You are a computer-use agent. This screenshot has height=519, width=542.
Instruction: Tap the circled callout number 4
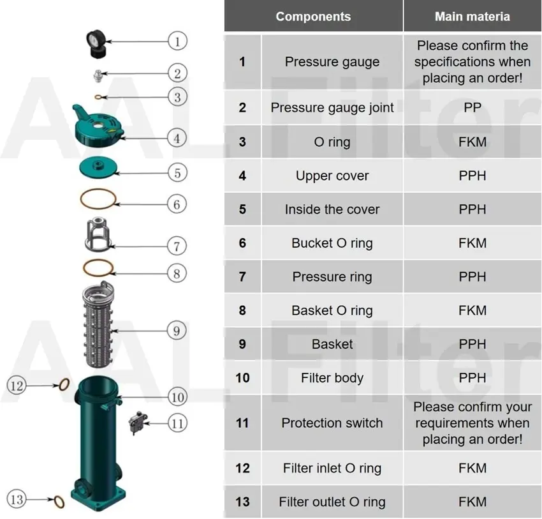(178, 137)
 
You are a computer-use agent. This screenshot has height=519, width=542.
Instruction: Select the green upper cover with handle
(101, 124)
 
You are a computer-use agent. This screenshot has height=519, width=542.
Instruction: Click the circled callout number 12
(17, 386)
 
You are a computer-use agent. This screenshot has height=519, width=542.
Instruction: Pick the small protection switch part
(136, 421)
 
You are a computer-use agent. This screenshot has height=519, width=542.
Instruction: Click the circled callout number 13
(17, 499)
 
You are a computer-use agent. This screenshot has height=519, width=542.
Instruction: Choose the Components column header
(313, 17)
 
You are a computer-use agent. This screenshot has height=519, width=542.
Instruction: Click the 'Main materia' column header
(472, 17)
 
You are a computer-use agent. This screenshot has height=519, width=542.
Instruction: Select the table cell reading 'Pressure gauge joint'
(332, 108)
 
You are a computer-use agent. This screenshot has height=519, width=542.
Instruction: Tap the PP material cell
(472, 108)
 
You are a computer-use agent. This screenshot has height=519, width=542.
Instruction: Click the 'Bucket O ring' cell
(332, 243)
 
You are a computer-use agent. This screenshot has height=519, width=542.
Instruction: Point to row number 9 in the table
(242, 344)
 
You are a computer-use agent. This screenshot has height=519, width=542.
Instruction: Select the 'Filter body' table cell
(332, 378)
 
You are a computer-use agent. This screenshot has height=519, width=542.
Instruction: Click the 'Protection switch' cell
(332, 423)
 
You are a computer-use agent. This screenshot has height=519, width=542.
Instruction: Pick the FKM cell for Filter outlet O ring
(472, 502)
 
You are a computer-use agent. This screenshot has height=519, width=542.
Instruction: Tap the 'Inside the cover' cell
(332, 209)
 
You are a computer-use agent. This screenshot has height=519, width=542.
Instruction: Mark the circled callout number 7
(178, 245)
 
